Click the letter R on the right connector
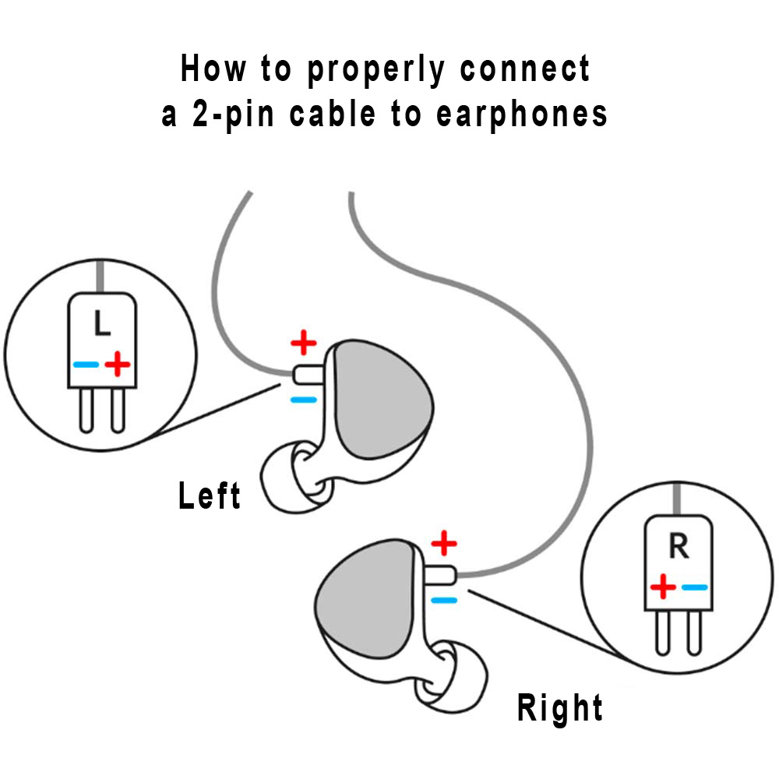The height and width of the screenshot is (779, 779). point(679,547)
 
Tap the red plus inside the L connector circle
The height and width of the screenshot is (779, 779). point(117,363)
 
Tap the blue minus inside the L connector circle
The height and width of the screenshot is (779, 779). point(86,364)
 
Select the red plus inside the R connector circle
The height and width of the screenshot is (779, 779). point(663,586)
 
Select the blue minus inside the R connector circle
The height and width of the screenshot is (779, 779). point(694,587)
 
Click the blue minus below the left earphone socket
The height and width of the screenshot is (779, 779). point(303,400)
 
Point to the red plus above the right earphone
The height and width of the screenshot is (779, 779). point(444,542)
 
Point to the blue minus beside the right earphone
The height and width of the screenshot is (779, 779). point(443,600)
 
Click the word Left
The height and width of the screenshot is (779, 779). point(210,496)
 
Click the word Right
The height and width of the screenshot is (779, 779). point(560,708)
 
